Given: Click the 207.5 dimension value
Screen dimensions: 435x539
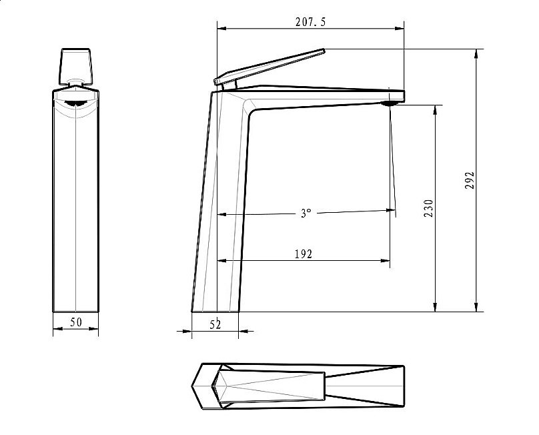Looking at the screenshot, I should click(310, 22).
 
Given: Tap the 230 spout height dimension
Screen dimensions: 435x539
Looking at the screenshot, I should click(428, 208).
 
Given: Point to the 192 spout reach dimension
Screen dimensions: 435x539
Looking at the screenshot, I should click(304, 254).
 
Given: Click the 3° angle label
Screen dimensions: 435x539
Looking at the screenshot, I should click(305, 213).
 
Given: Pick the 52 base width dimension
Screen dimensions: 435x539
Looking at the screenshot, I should click(215, 324).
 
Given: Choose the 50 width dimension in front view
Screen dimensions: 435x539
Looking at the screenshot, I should click(76, 322).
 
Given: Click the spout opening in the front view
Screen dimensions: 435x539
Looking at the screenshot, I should click(75, 103).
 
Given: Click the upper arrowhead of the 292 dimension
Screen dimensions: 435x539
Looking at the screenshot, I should click(477, 53).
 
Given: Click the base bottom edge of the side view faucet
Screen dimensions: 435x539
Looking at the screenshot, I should click(215, 312).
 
